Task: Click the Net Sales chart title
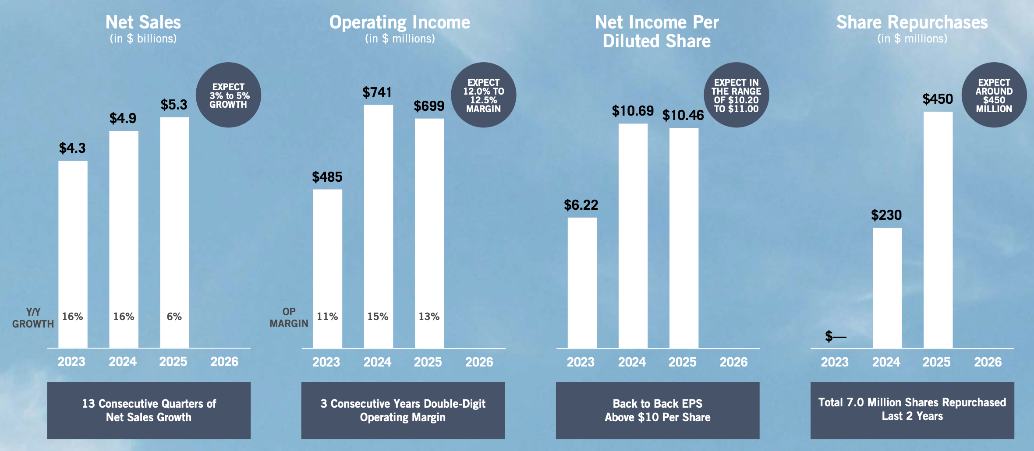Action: (x=143, y=22)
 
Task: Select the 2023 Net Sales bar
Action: (x=73, y=254)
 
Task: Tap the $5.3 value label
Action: (x=174, y=105)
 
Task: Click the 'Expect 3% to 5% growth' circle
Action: (x=228, y=95)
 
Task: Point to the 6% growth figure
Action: (x=174, y=317)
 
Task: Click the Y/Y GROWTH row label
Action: (x=33, y=318)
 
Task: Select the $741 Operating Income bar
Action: (x=379, y=227)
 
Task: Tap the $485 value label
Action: (x=327, y=177)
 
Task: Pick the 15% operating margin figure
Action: (x=378, y=317)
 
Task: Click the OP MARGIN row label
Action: (x=289, y=317)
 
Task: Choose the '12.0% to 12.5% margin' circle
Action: (x=484, y=95)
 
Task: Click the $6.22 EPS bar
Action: (x=582, y=283)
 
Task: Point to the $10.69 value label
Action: (x=633, y=111)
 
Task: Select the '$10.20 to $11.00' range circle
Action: (x=737, y=95)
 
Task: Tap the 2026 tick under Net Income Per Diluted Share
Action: (x=734, y=362)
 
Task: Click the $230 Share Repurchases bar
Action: (x=887, y=288)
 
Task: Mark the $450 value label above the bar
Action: (x=938, y=99)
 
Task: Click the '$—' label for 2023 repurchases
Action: (x=836, y=336)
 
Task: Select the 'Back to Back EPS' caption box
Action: (x=658, y=410)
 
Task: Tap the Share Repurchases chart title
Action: (x=912, y=22)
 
